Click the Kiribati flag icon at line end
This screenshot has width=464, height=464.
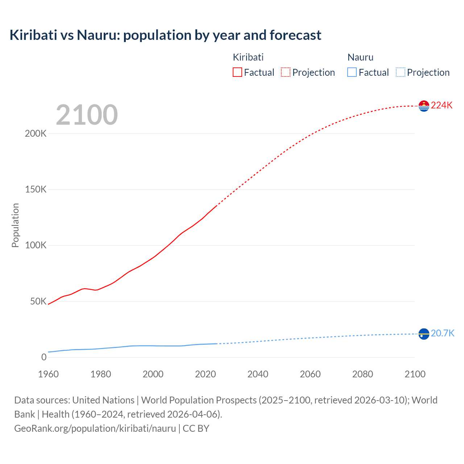424,106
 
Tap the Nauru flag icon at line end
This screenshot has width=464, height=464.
424,334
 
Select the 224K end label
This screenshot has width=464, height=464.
442,105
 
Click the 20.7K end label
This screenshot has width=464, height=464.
442,333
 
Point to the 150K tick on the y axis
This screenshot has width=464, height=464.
36,190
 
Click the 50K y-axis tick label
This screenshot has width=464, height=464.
38,302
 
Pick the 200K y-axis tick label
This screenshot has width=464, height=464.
36,134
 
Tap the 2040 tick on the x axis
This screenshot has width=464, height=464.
258,374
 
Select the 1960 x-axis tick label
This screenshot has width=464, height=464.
48,374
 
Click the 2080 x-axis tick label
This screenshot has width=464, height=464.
362,374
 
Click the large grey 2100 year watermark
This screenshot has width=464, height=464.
87,115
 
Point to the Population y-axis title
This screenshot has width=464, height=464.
15,225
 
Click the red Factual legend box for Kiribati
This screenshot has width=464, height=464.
237,72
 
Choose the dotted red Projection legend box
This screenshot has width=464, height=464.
286,72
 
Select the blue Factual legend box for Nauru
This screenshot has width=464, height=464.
352,72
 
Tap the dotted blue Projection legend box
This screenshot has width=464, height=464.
400,72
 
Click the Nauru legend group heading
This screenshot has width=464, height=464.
360,57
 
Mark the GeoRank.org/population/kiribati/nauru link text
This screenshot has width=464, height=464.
95,428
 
